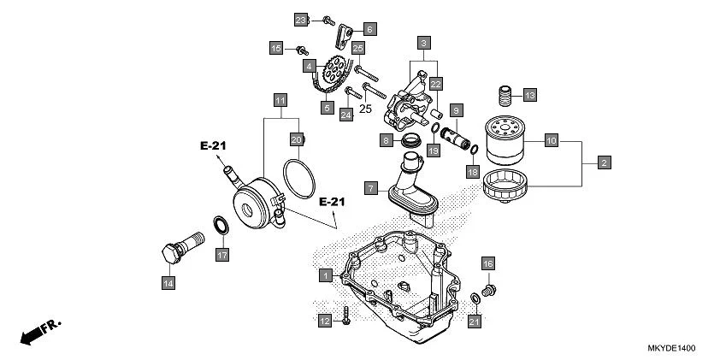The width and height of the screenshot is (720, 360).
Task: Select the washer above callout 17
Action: pyautogui.click(x=220, y=226)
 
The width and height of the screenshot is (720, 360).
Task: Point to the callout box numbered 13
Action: pyautogui.click(x=528, y=94)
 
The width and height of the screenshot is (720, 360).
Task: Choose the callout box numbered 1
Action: pyautogui.click(x=326, y=275)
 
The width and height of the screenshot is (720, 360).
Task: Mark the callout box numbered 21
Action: pyautogui.click(x=475, y=321)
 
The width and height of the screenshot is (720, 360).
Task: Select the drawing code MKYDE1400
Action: pyautogui.click(x=672, y=349)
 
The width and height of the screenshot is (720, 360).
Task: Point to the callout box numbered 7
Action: pyautogui.click(x=370, y=186)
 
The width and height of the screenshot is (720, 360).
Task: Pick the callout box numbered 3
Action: pyautogui.click(x=424, y=41)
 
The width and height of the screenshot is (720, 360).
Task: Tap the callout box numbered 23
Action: pyautogui.click(x=301, y=19)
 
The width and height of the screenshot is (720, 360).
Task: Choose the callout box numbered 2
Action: pyautogui.click(x=605, y=162)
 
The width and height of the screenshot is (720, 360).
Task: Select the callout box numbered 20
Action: pyautogui.click(x=296, y=139)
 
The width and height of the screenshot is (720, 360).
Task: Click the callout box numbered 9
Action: pyautogui.click(x=457, y=111)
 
